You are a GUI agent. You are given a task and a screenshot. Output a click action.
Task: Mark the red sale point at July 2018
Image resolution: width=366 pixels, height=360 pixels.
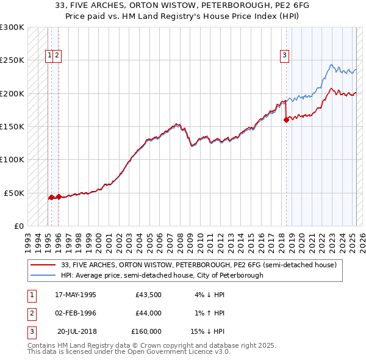pyautogui.click(x=286, y=120)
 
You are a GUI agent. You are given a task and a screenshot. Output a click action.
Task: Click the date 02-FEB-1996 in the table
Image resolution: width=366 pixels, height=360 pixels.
pyautogui.click(x=76, y=313)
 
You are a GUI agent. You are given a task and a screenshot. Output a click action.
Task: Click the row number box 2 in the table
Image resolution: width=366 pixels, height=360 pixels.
pyautogui.click(x=31, y=313)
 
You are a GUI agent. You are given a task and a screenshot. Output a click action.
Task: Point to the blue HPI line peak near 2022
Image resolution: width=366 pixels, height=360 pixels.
pyautogui.click(x=331, y=65)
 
